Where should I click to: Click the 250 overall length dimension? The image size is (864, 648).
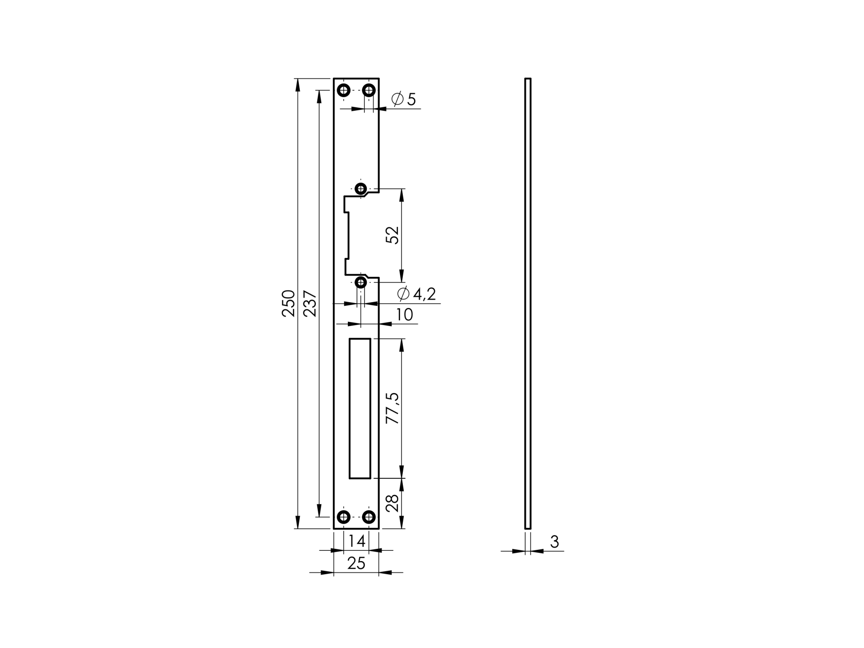pyautogui.click(x=288, y=303)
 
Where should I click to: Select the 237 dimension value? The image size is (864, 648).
pyautogui.click(x=310, y=304)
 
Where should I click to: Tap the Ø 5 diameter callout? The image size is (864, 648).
pyautogui.click(x=404, y=99)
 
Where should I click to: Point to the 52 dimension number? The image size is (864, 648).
pyautogui.click(x=393, y=235)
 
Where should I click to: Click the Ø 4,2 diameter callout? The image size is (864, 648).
pyautogui.click(x=416, y=294)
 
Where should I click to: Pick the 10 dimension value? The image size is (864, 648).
pyautogui.click(x=404, y=315)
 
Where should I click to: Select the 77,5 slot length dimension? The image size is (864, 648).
pyautogui.click(x=392, y=408)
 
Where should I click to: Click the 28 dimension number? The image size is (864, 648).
pyautogui.click(x=392, y=503)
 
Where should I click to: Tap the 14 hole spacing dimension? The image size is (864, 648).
pyautogui.click(x=356, y=541)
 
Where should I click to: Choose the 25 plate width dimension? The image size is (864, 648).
pyautogui.click(x=356, y=563)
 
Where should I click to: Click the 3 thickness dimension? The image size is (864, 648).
pyautogui.click(x=554, y=542)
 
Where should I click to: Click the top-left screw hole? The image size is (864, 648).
pyautogui.click(x=344, y=91)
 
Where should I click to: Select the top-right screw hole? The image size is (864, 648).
pyautogui.click(x=369, y=91)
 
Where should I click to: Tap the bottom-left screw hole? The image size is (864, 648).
pyautogui.click(x=344, y=517)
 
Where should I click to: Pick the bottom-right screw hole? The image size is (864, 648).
pyautogui.click(x=369, y=517)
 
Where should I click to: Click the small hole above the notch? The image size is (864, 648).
pyautogui.click(x=361, y=189)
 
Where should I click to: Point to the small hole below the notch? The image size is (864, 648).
pyautogui.click(x=361, y=283)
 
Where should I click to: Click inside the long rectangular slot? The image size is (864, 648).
pyautogui.click(x=360, y=408)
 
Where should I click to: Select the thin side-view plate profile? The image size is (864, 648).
pyautogui.click(x=528, y=303)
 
